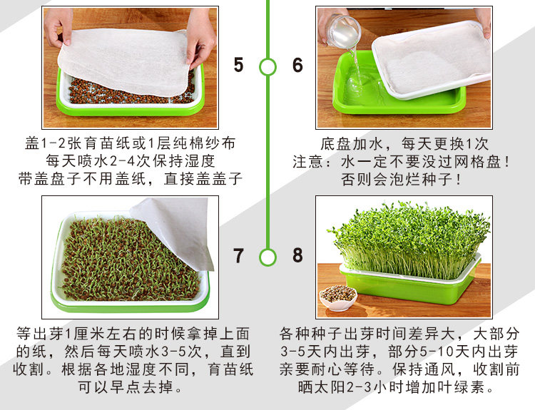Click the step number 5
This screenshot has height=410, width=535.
(238, 65)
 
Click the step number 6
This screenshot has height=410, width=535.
(297, 65)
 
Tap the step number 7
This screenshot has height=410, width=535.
(238, 255)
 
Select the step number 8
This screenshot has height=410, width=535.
(297, 255)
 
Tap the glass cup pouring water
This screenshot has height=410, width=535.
(343, 31)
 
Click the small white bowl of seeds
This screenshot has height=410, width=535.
(338, 298)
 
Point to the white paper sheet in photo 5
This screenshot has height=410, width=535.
(125, 61)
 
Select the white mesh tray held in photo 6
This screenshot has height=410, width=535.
(432, 60)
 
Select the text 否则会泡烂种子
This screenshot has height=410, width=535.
(397, 180)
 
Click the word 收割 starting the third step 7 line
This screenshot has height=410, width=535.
(29, 369)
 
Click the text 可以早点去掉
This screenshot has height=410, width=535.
(126, 387)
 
